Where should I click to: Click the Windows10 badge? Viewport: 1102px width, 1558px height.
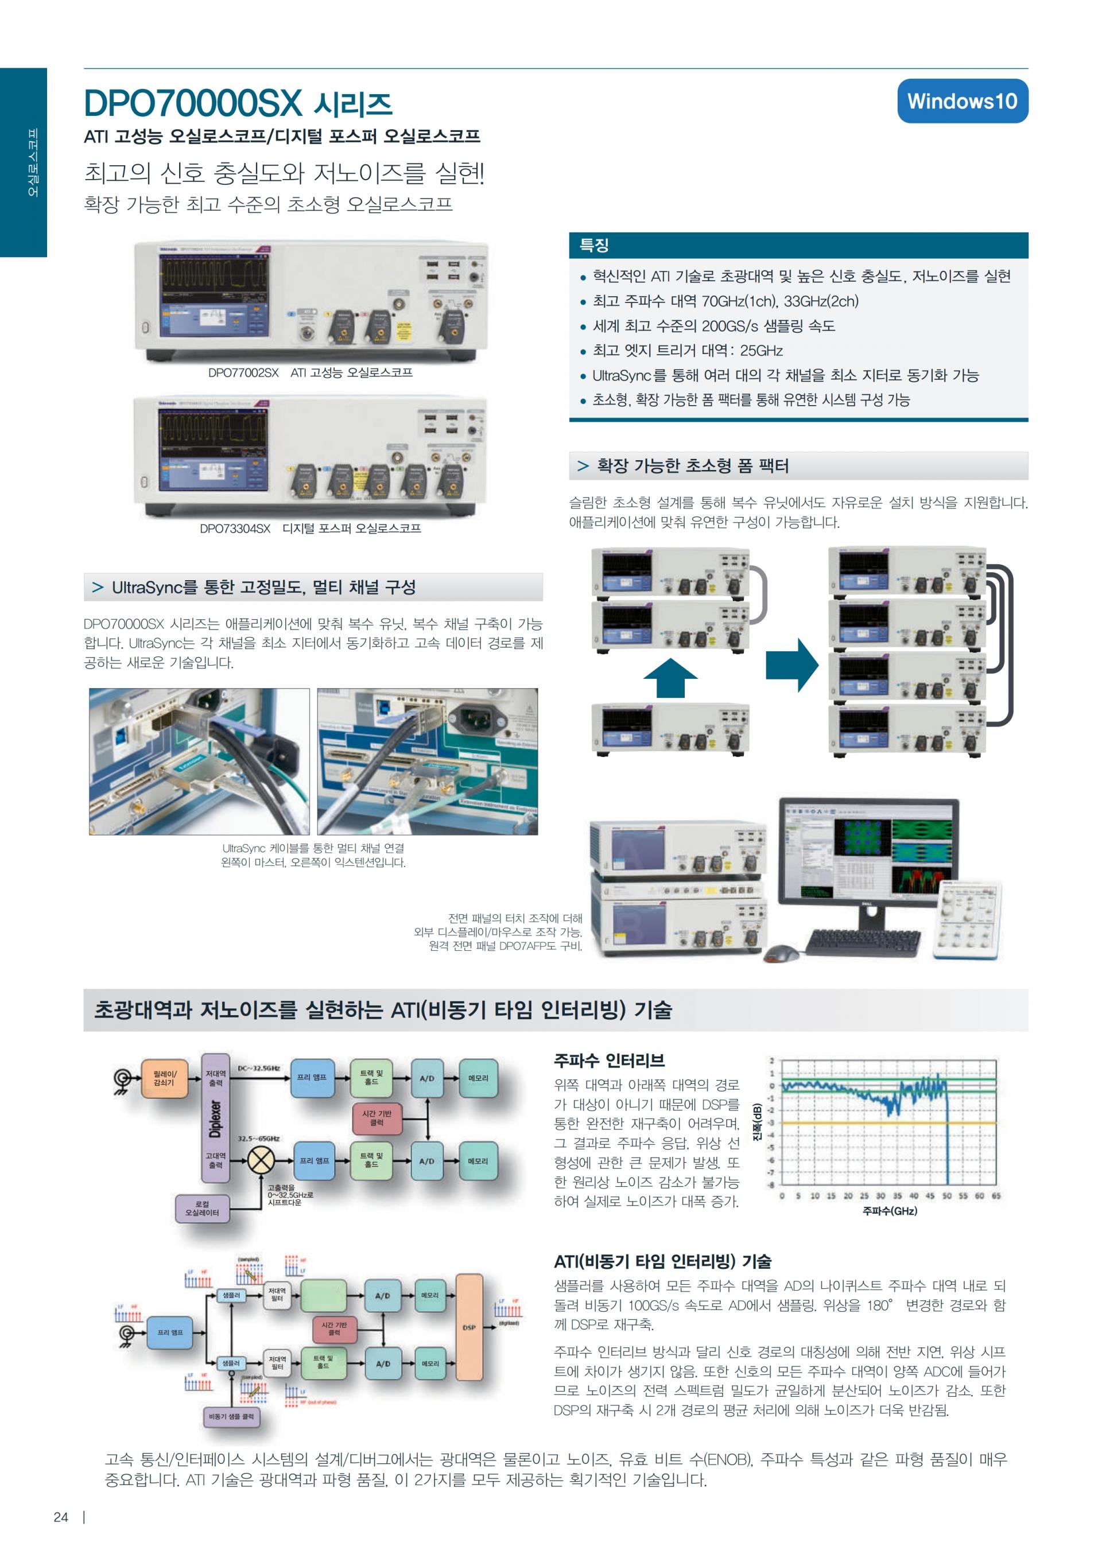click(961, 101)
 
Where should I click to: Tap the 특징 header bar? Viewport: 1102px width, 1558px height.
click(798, 245)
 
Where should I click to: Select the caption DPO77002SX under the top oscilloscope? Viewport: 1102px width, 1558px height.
click(243, 372)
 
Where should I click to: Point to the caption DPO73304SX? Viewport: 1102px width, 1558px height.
click(235, 529)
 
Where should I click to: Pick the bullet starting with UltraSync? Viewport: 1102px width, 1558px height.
click(785, 375)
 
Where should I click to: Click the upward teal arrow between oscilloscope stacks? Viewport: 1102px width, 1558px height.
click(670, 677)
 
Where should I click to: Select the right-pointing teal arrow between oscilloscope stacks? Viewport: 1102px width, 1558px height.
click(792, 665)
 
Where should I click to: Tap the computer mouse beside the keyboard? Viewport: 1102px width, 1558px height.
click(782, 953)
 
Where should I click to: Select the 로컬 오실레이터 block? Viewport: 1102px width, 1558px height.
click(202, 1208)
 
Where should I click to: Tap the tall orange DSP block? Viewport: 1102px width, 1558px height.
click(469, 1327)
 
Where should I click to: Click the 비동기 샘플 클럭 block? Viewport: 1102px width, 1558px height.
click(231, 1416)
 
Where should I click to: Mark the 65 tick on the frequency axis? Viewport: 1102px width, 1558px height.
click(995, 1196)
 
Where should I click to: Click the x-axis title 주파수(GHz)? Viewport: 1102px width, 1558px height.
click(889, 1211)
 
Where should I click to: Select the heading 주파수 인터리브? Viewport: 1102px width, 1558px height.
click(608, 1060)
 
